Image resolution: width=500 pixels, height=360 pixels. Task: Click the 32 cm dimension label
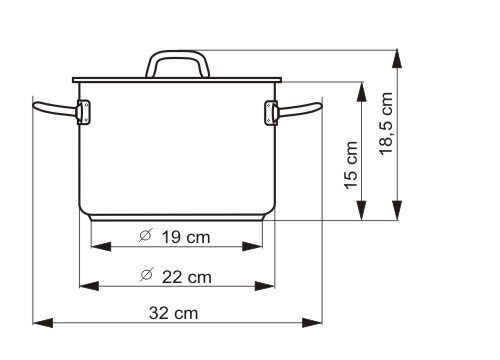(173, 313)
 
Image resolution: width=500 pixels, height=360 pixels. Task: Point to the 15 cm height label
(351, 166)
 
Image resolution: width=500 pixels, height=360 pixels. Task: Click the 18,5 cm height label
(386, 123)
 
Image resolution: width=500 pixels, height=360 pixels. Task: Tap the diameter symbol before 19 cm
(145, 236)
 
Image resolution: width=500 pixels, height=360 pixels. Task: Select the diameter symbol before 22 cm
(147, 275)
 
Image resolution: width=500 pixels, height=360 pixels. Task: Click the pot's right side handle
(299, 109)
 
